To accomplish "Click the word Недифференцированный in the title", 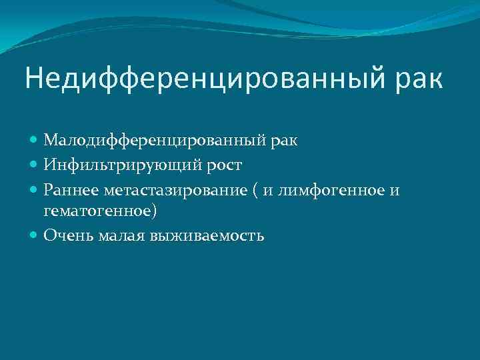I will point(197,79).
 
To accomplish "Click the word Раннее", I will point(71,191).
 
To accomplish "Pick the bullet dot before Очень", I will point(34,235).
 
